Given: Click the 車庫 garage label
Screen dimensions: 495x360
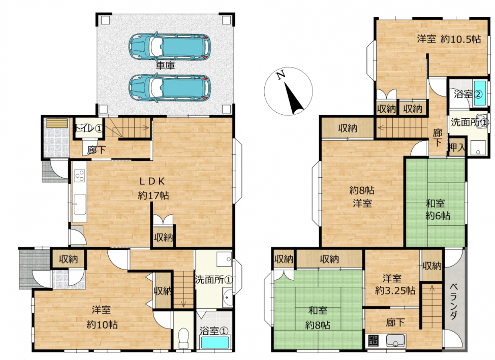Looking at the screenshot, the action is pos(165,66).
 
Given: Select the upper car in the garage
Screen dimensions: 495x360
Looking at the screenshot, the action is pos(169,46).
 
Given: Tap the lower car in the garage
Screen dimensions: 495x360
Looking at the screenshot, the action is pos(169,88).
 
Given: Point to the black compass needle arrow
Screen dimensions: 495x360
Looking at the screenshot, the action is pos(294,99).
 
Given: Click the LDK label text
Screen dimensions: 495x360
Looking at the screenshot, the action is pos(152,181).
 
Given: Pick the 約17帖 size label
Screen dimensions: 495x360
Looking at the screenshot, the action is pos(153,195).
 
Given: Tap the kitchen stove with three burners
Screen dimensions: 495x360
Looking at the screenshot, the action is pos(80,176).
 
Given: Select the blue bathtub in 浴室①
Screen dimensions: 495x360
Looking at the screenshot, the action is pos(215,343).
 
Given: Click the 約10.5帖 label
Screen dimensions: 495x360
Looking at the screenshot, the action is pos(460,39).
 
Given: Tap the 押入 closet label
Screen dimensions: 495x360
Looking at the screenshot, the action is pos(457,147).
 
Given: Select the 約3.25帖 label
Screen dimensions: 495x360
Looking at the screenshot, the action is pos(395,290).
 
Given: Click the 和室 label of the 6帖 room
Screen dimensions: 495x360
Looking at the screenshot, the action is pos(436,204).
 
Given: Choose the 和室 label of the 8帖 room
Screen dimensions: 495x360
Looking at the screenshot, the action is pos(318,310).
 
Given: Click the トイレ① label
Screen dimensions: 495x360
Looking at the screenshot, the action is pos(89,128).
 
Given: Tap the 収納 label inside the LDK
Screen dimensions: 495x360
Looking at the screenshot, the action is pos(163,237).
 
